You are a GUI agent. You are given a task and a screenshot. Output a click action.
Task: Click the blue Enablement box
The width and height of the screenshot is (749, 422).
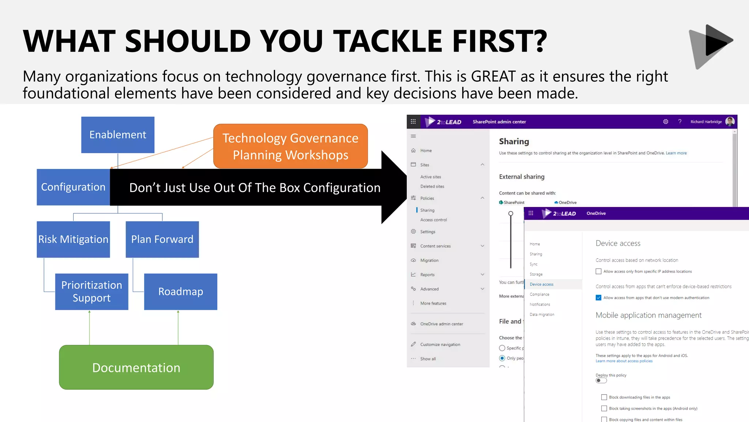click(x=118, y=135)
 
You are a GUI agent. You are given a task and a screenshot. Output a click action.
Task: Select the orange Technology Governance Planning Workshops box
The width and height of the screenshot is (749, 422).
click(x=290, y=146)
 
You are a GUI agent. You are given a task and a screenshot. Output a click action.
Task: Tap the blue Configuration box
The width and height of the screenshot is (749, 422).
click(x=73, y=187)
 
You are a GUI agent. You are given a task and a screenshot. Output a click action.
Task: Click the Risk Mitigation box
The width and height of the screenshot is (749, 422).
click(x=73, y=239)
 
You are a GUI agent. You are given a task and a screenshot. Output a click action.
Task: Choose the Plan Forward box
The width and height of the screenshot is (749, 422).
click(x=162, y=239)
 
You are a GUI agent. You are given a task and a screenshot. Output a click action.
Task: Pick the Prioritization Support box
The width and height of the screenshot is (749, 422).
click(x=91, y=292)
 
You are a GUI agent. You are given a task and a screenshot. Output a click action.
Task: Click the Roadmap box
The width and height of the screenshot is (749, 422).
click(x=180, y=292)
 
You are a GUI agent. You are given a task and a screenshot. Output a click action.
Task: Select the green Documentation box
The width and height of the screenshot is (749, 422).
click(x=136, y=367)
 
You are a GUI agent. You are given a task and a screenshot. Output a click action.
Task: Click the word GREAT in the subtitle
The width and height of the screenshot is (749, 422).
click(x=493, y=77)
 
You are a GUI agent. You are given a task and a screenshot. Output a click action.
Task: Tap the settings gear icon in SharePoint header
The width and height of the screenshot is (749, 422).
click(x=666, y=122)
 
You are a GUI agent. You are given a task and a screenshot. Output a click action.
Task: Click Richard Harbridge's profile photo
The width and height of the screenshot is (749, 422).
click(x=730, y=122)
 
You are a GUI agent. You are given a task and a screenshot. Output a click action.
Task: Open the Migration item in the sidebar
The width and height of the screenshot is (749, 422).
click(x=429, y=260)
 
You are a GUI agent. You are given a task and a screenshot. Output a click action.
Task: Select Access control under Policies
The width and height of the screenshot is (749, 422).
click(x=433, y=220)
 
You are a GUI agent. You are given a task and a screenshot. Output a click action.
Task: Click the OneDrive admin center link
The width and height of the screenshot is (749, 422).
click(x=441, y=324)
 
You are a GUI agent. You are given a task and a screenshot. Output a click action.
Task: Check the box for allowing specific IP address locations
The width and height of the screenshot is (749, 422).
click(x=598, y=271)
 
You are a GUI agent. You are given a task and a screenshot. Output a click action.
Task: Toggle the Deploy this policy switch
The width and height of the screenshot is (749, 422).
click(x=601, y=381)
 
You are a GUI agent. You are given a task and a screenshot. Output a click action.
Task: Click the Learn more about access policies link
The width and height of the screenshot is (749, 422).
click(x=624, y=361)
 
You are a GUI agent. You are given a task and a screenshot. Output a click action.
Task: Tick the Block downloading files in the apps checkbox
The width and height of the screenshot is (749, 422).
click(x=604, y=397)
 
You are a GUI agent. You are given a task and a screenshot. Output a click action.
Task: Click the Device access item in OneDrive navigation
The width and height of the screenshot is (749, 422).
click(x=541, y=284)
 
